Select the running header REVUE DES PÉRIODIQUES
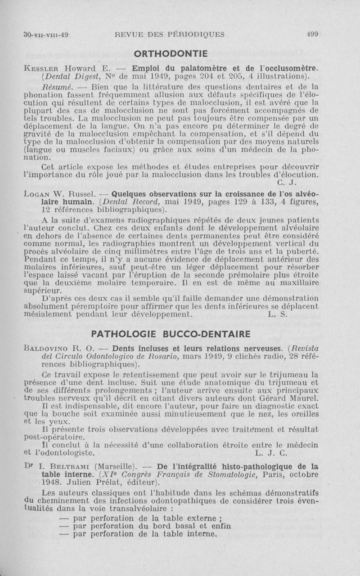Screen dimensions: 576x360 [x=170, y=35]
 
